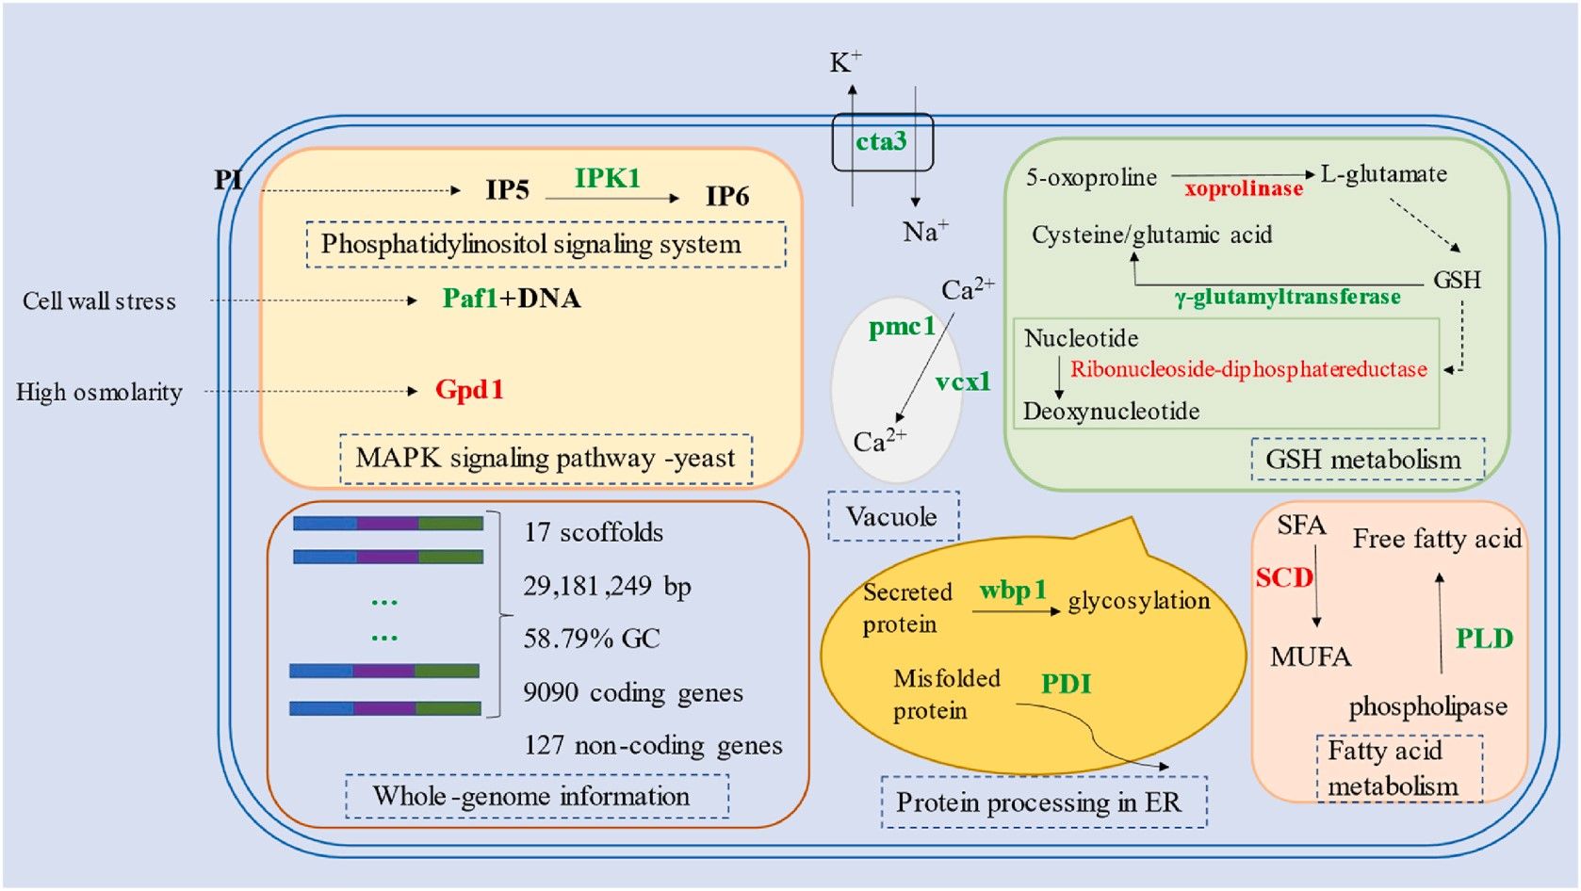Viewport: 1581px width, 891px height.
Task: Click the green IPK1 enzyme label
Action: click(607, 178)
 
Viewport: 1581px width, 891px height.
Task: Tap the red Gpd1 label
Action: click(469, 390)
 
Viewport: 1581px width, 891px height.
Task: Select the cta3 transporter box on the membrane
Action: click(882, 142)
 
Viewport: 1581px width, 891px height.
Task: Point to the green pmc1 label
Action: click(902, 327)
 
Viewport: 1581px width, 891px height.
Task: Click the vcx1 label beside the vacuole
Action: click(963, 381)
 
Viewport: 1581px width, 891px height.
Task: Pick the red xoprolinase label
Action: click(1244, 189)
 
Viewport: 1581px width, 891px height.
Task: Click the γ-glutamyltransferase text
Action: click(1287, 298)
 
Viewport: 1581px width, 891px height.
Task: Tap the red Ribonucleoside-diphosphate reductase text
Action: click(1248, 369)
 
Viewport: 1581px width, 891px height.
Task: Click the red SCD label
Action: click(1283, 577)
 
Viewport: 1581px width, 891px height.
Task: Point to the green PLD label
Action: click(1484, 639)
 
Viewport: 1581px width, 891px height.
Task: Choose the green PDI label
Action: click(1066, 684)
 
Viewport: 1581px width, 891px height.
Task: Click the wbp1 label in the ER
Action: click(1013, 591)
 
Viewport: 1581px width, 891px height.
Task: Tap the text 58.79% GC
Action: click(592, 639)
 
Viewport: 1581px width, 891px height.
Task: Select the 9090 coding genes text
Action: click(632, 693)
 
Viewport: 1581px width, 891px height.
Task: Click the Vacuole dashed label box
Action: click(892, 516)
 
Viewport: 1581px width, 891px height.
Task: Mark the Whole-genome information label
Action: click(532, 797)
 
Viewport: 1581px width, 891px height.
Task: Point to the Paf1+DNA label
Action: click(512, 299)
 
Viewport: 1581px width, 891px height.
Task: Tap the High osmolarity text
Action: click(99, 393)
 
